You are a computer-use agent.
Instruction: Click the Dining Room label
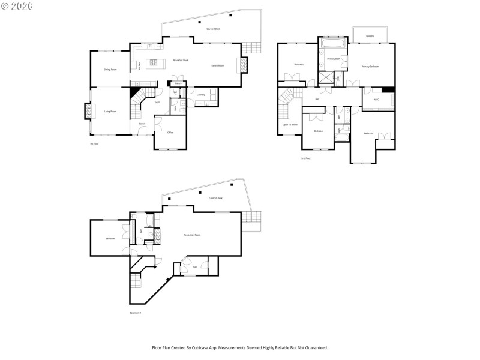tap(110, 70)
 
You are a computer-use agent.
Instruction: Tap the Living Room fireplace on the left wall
tap(88, 111)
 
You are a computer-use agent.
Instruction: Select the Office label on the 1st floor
tap(170, 132)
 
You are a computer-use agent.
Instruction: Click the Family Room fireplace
tap(244, 65)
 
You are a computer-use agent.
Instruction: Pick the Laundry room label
tap(201, 95)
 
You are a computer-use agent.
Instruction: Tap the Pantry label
tap(178, 83)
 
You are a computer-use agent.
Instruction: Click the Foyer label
tap(142, 124)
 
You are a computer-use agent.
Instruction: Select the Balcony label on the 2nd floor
tap(370, 36)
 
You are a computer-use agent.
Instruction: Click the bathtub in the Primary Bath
tap(332, 44)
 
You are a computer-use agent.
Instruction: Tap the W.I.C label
tap(376, 100)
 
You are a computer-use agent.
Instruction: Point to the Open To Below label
tap(290, 124)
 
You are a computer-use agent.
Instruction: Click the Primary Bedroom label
tap(370, 66)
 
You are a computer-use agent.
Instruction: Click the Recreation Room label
tap(192, 235)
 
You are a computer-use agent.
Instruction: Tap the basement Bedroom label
tap(110, 239)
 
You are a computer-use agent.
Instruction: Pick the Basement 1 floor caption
tap(135, 313)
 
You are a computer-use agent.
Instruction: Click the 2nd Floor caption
tap(305, 158)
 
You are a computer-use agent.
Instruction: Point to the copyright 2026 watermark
tap(18, 6)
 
